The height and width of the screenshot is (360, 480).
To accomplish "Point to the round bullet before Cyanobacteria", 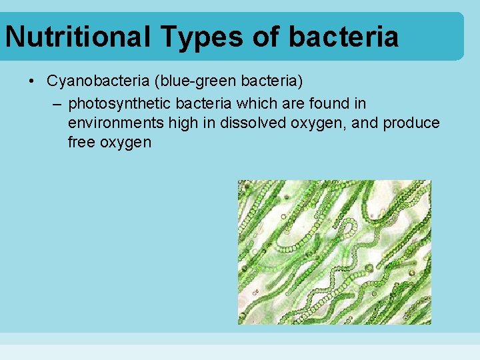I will [31, 81].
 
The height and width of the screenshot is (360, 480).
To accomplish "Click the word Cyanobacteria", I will [89, 81].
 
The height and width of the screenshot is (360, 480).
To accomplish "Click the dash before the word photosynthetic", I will [57, 104].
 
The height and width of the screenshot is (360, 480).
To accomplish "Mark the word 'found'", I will [325, 104].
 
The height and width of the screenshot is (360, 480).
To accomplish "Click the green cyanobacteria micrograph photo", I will [335, 252].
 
